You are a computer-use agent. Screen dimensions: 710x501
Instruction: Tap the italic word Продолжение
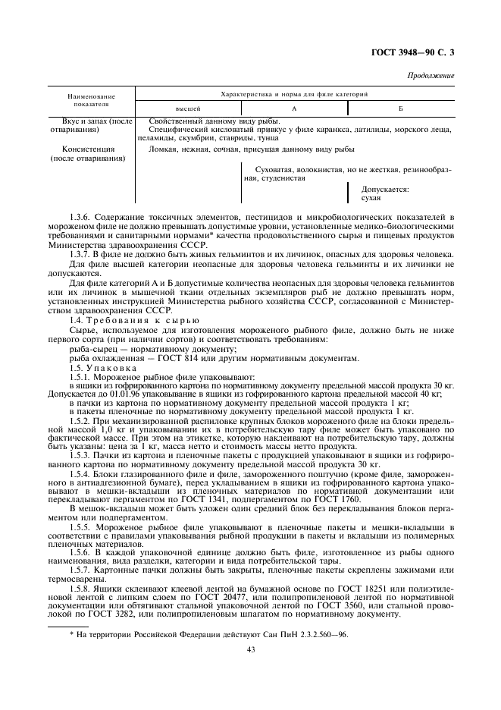point(432,76)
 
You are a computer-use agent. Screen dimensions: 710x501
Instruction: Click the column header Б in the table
point(400,109)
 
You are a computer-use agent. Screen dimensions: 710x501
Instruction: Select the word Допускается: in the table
point(385,189)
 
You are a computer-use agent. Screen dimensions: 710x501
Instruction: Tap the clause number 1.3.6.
point(81,218)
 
